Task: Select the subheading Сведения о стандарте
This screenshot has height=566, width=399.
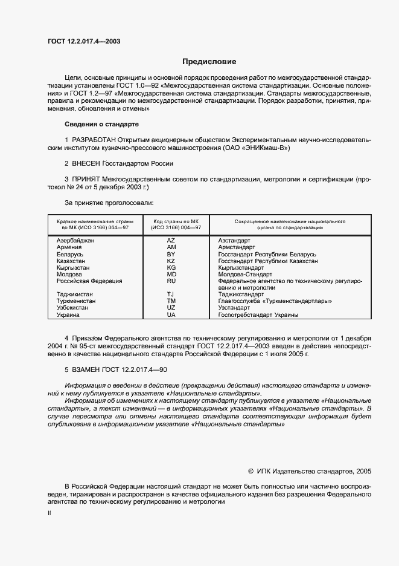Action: (x=101, y=124)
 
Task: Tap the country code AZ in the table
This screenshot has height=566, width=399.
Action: (x=171, y=240)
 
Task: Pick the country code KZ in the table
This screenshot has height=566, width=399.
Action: (x=171, y=261)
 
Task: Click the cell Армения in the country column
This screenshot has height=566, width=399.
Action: (x=69, y=247)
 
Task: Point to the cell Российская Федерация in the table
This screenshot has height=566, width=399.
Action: (x=89, y=281)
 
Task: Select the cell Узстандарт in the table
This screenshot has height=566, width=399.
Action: (x=234, y=308)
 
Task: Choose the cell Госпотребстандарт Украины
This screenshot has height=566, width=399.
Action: (x=258, y=314)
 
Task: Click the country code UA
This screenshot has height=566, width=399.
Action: (x=171, y=314)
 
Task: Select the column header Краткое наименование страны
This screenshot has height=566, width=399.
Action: (x=92, y=222)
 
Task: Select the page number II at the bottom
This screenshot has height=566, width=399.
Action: (x=49, y=513)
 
